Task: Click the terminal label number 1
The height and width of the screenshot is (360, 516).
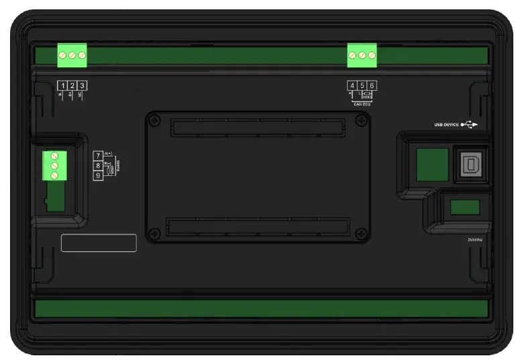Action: (62, 86)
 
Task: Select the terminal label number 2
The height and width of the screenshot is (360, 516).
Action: (72, 86)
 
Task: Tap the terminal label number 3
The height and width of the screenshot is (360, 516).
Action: (83, 86)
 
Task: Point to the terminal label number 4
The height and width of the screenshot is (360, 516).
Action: (352, 86)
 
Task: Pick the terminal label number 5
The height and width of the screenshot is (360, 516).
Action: (362, 86)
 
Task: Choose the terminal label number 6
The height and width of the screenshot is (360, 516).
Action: (372, 86)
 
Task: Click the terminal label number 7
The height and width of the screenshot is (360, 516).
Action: (97, 156)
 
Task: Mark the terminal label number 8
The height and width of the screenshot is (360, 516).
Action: (97, 165)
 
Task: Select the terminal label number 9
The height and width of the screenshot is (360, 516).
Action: (97, 175)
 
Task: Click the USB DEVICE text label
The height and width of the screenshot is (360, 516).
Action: (446, 124)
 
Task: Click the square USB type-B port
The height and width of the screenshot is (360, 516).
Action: (467, 164)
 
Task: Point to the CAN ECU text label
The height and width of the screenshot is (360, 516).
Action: (362, 104)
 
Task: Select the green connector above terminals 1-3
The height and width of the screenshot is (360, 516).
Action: (72, 56)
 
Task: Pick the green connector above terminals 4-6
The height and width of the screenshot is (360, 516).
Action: (362, 56)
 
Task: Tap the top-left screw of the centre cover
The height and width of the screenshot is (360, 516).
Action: (155, 121)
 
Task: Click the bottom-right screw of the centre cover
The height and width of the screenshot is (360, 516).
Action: (362, 233)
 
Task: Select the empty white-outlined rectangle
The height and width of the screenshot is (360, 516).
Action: (99, 242)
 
